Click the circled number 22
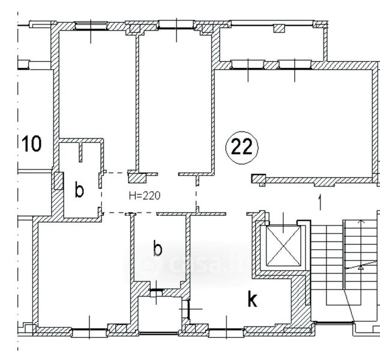click(242, 147)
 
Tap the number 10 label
click(31, 143)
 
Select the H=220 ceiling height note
click(145, 196)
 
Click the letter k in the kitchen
click(252, 299)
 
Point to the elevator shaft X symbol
click(283, 246)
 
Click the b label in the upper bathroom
click(79, 190)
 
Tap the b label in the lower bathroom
click(157, 248)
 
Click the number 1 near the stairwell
click(320, 202)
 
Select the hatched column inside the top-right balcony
click(279, 28)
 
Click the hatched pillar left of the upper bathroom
click(58, 181)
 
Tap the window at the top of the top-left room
click(91, 26)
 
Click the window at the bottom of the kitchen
click(226, 330)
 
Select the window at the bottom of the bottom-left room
click(89, 330)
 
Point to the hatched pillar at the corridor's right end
click(259, 179)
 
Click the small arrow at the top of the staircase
click(362, 221)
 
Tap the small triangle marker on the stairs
click(361, 268)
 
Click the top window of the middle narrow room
click(176, 25)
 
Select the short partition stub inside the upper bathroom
click(80, 152)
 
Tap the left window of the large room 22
click(248, 65)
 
